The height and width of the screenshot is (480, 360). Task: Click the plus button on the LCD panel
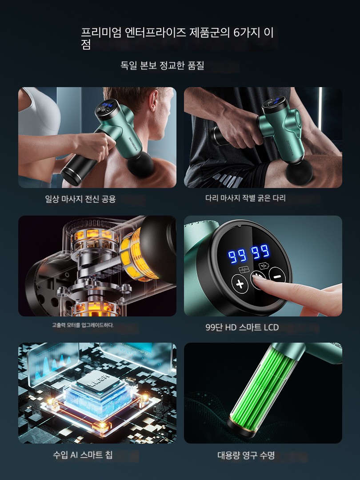click(240, 284)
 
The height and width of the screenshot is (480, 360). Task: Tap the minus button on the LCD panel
click(277, 276)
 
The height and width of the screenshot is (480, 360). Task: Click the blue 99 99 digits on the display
click(249, 253)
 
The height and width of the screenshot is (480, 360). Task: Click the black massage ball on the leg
click(299, 172)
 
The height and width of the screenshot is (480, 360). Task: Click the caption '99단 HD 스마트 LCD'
click(242, 327)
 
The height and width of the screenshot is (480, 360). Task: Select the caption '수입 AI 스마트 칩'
click(83, 455)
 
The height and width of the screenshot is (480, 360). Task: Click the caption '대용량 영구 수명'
click(246, 455)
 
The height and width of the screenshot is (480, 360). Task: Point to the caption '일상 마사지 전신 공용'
click(80, 199)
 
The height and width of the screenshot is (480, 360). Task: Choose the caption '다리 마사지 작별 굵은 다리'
click(245, 198)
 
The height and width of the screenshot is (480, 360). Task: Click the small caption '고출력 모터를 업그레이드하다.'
click(83, 325)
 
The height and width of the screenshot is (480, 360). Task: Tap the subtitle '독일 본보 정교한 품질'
click(162, 65)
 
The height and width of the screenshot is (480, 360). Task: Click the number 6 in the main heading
click(236, 32)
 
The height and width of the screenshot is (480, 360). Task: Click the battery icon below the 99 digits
click(263, 265)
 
